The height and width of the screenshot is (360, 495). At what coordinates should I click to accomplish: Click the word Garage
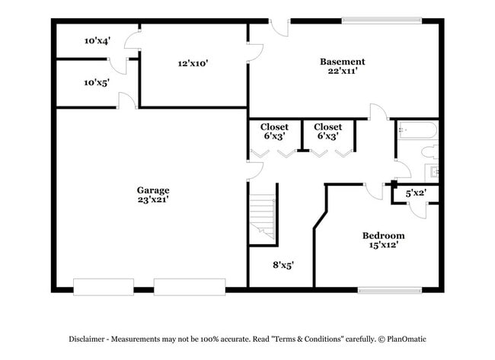point(153,190)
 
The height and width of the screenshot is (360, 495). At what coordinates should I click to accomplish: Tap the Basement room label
point(342,62)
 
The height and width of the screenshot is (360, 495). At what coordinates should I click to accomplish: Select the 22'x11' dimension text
point(342,71)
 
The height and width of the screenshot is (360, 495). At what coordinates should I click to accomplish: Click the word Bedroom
point(383,236)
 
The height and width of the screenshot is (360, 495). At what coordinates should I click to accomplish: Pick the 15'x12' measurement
point(383,245)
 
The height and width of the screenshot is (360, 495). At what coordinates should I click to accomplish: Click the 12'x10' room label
point(193,64)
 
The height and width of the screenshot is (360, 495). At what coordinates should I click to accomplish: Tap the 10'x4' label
point(97,41)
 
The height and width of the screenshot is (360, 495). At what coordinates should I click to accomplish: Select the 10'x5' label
point(97,82)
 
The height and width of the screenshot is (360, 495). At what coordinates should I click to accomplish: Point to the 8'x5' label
point(283,266)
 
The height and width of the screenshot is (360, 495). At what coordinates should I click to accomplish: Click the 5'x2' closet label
point(415,194)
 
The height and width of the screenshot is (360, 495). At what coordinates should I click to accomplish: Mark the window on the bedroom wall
point(390,289)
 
